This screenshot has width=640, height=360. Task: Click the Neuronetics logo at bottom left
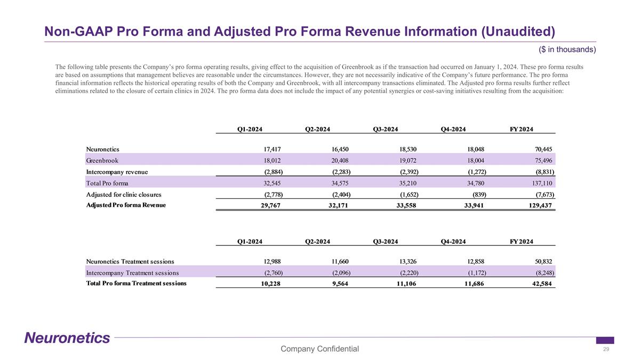(x=67, y=338)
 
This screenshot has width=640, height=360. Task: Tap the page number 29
(x=606, y=349)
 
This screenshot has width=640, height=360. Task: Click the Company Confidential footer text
(x=319, y=349)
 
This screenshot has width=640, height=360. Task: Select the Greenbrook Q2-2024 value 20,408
(x=338, y=160)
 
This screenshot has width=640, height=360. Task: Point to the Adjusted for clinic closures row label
(x=123, y=194)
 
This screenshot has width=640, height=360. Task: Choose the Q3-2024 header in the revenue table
(x=386, y=129)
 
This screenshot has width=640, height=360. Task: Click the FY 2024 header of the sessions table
(x=522, y=242)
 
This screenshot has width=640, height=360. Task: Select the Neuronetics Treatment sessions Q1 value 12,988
(x=270, y=261)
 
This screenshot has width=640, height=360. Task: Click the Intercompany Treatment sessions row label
(x=132, y=273)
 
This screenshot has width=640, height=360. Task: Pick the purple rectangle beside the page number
(x=605, y=340)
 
